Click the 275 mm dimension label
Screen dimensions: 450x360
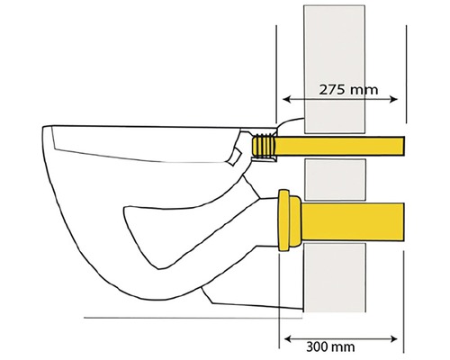pyautogui.click(x=348, y=90)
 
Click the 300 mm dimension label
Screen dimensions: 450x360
pyautogui.click(x=330, y=346)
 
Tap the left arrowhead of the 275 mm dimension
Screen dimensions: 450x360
pyautogui.click(x=286, y=99)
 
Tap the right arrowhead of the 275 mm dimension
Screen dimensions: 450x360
pyautogui.click(x=393, y=99)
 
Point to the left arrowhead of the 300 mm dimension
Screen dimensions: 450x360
pyautogui.click(x=288, y=339)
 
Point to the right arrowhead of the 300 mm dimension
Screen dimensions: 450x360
pyautogui.click(x=393, y=339)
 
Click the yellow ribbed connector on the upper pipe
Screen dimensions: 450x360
pyautogui.click(x=263, y=146)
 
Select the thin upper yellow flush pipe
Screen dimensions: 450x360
pyautogui.click(x=340, y=146)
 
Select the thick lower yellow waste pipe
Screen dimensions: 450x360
pyautogui.click(x=352, y=221)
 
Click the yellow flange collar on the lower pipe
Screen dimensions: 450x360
pyautogui.click(x=290, y=220)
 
